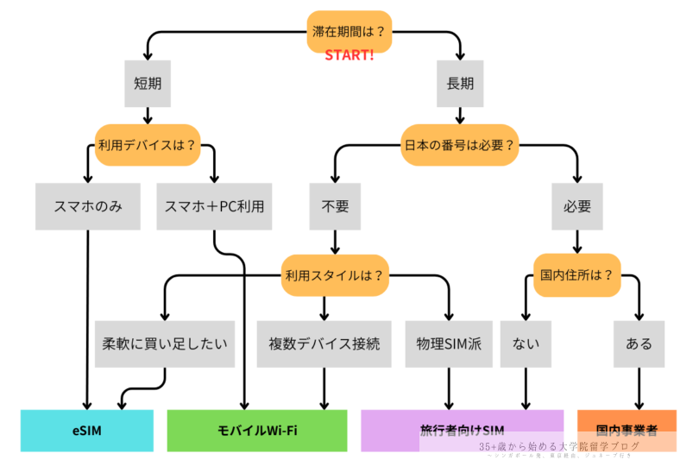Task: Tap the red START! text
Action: tap(349, 56)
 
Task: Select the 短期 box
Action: tap(148, 83)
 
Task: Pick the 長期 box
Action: tap(458, 83)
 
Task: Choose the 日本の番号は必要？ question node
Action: tap(459, 143)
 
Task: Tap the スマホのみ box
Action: tap(87, 206)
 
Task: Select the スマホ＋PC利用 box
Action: tap(215, 206)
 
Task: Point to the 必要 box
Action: tap(576, 206)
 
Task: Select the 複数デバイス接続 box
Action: tap(324, 343)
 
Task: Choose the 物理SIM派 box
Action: tap(449, 343)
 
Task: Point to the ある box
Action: tap(639, 343)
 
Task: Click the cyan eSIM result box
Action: tap(87, 431)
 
